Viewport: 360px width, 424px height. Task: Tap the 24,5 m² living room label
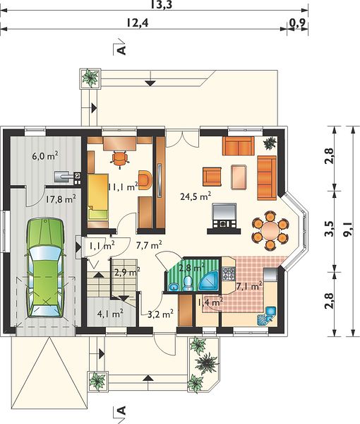(196, 196)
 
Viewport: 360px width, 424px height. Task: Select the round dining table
(270, 230)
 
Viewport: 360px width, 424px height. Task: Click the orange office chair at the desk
(120, 160)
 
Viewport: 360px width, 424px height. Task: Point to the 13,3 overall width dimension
(161, 5)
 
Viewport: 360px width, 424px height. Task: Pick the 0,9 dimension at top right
(297, 23)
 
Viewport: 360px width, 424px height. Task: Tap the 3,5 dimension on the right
(329, 229)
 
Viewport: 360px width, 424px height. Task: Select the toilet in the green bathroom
(187, 283)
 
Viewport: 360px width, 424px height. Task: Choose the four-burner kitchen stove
(229, 273)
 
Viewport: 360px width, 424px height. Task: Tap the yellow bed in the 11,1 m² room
(97, 196)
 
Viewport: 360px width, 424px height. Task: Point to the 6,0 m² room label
(45, 155)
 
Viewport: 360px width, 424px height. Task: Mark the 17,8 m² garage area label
(60, 199)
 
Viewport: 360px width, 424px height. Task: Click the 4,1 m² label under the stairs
(110, 314)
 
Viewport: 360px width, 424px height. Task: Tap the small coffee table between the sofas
(239, 177)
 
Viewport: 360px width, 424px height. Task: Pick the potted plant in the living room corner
(270, 143)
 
